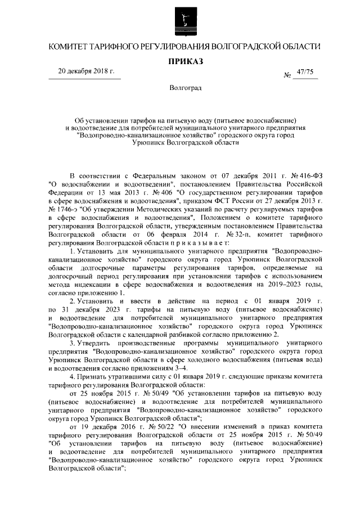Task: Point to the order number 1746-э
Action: pyautogui.click(x=64, y=206)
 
